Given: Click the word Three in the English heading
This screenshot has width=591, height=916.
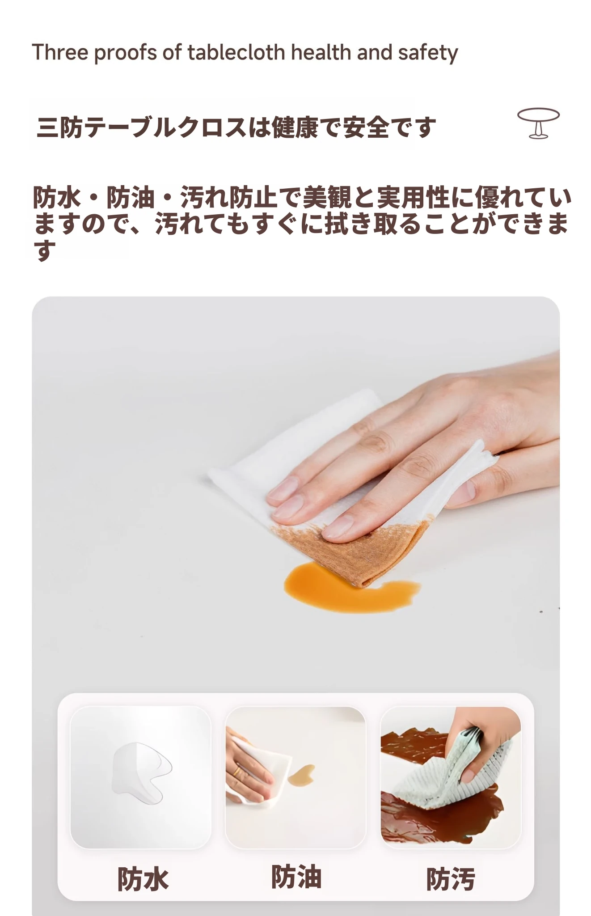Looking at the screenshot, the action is pyautogui.click(x=60, y=52).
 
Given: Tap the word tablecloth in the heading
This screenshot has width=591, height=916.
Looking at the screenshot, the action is pyautogui.click(x=236, y=52).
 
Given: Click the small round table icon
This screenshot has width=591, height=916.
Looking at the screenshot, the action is pyautogui.click(x=538, y=123).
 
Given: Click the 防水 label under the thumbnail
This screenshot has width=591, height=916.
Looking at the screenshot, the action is pyautogui.click(x=143, y=879).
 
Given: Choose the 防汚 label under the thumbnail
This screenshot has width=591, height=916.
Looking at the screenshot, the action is pyautogui.click(x=450, y=879).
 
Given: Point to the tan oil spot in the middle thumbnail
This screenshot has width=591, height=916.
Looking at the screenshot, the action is pyautogui.click(x=301, y=776).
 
